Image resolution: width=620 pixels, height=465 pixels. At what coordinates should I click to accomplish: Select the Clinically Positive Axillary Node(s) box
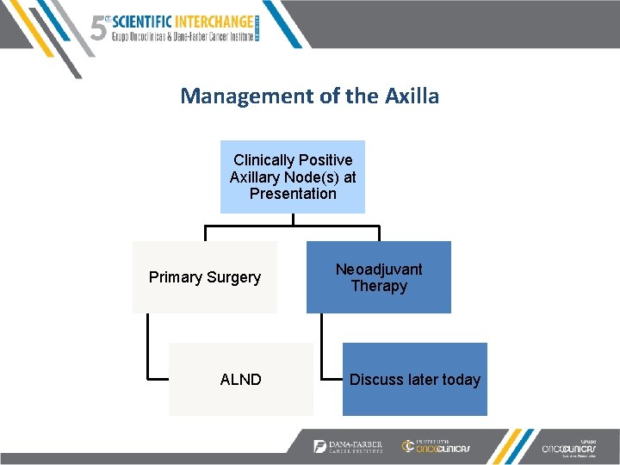tap(293, 177)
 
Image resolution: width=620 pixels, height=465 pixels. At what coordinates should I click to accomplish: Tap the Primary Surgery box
tap(205, 276)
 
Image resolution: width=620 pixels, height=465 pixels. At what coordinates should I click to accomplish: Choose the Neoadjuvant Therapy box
tap(379, 276)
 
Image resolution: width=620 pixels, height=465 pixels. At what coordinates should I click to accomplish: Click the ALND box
tap(241, 379)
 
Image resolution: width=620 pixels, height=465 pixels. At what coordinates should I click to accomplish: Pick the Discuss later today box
tap(415, 379)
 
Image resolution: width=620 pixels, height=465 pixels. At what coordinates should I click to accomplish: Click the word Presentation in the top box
tap(293, 194)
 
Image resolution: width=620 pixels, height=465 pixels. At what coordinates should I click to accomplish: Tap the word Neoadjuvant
tap(379, 269)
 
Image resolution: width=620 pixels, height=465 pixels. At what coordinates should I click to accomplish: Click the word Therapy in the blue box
tap(379, 286)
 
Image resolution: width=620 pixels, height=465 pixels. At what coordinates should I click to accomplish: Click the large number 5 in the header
tap(99, 28)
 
